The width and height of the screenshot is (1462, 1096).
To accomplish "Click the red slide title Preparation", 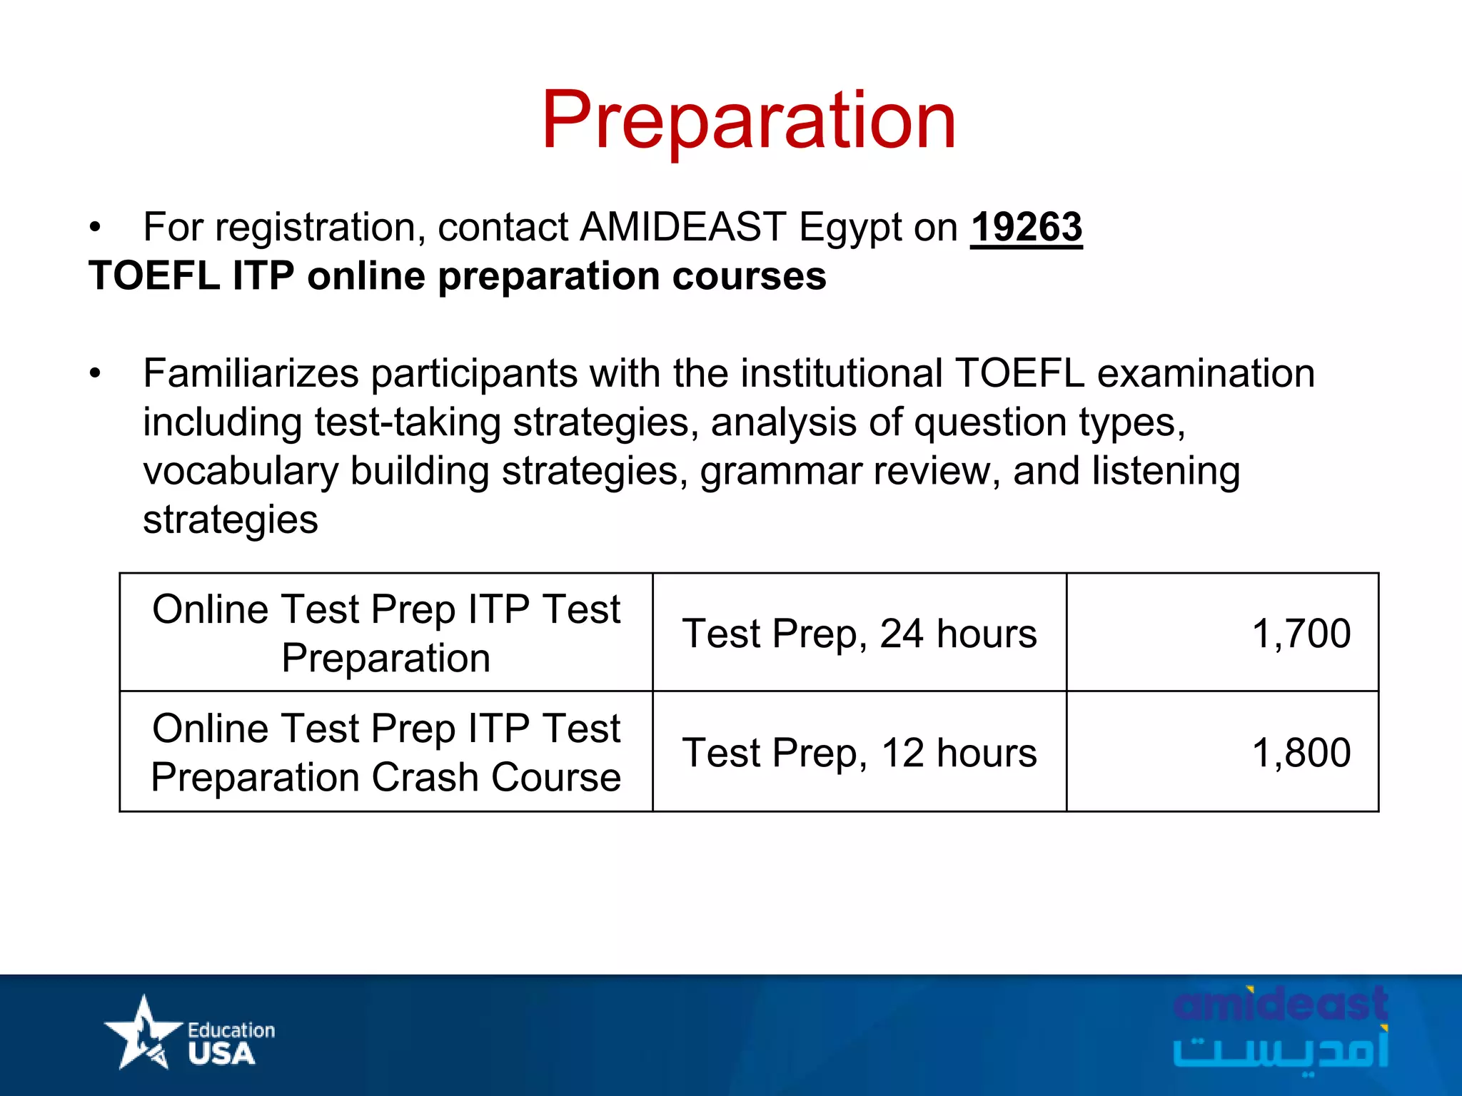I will [748, 121].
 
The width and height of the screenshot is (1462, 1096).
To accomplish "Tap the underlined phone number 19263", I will [1026, 228].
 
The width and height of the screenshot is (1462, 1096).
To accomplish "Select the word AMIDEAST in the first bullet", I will [682, 228].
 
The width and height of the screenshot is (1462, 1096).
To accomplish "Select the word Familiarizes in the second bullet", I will [251, 373].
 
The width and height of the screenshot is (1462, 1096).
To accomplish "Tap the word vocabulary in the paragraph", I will [241, 472].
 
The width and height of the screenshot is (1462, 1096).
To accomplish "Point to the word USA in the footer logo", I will [221, 1054].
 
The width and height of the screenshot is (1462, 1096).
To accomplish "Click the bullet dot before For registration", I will [95, 228].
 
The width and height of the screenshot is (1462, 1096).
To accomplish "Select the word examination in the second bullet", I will [1205, 373].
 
